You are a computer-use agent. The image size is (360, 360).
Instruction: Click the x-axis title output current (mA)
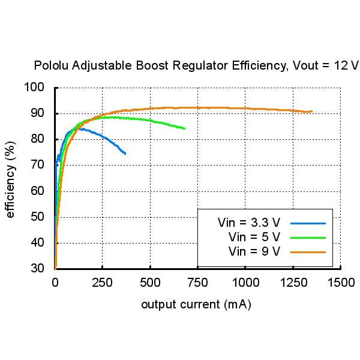pyautogui.click(x=196, y=305)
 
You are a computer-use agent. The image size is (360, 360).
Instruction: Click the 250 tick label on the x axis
pyautogui.click(x=103, y=283)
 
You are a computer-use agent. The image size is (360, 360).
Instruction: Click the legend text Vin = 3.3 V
pyautogui.click(x=250, y=223)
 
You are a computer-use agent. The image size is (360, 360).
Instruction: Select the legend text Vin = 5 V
pyautogui.click(x=254, y=237)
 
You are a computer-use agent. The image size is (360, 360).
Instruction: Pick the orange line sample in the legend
pyautogui.click(x=308, y=251)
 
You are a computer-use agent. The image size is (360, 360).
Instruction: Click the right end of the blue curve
pyautogui.click(x=125, y=154)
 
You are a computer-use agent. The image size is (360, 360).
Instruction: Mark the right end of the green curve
pyautogui.click(x=184, y=128)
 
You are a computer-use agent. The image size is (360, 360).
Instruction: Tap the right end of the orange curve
pyautogui.click(x=311, y=111)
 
